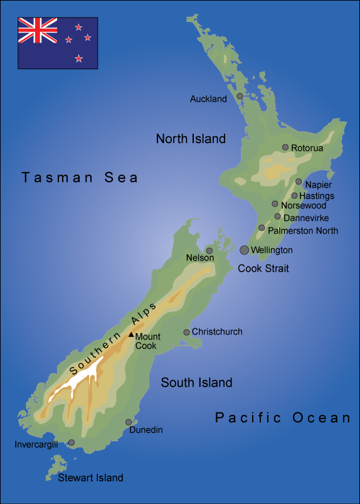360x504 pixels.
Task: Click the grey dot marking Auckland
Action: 240,96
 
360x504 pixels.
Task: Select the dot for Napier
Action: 299,181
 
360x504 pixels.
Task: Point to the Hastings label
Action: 317,196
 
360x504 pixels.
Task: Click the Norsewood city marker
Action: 275,203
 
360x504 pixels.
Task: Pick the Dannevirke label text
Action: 306,218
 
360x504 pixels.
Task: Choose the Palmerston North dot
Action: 262,228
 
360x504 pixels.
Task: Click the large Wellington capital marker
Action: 244,250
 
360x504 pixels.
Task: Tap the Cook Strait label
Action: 263,269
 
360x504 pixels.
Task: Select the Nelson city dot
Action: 209,250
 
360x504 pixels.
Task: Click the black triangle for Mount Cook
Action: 131,335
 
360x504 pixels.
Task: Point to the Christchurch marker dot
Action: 186,332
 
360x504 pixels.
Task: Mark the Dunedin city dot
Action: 129,422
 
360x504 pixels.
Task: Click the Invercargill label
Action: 36,444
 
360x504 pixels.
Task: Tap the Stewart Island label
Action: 90,478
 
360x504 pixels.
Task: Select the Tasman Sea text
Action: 80,178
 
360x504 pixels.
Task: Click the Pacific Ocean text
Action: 283,417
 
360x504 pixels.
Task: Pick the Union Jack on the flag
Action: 38,30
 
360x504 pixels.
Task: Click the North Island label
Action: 191,139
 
